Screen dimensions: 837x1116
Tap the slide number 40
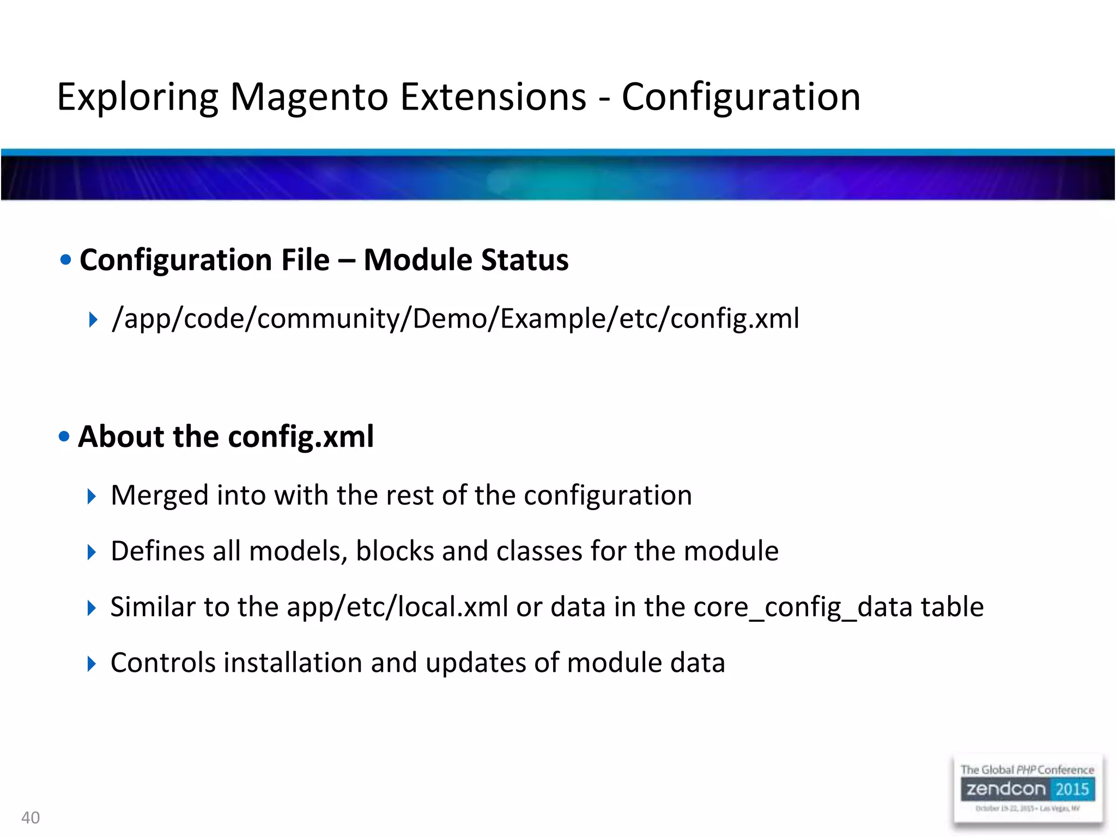pyautogui.click(x=31, y=817)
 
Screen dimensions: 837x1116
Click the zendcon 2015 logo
pyautogui.click(x=1027, y=789)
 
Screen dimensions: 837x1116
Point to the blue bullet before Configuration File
pyautogui.click(x=66, y=260)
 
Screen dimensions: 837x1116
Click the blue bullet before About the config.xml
pyautogui.click(x=64, y=436)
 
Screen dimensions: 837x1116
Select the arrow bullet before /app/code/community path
pyautogui.click(x=93, y=320)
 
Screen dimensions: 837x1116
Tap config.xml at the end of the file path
pyautogui.click(x=735, y=319)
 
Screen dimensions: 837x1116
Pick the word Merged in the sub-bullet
pyautogui.click(x=160, y=496)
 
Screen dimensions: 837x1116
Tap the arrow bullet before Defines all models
pyautogui.click(x=92, y=553)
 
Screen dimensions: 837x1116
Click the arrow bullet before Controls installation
pyautogui.click(x=92, y=664)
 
